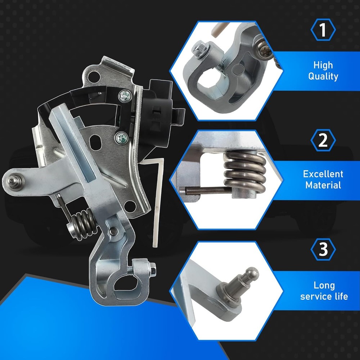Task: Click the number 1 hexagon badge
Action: (323, 30)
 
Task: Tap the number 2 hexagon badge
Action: (323, 140)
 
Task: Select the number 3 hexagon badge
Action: (323, 249)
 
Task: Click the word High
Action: (323, 65)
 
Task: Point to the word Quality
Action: (323, 76)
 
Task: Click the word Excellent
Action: (323, 174)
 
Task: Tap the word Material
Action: (323, 185)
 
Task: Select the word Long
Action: (324, 285)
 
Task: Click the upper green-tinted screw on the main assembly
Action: (125, 96)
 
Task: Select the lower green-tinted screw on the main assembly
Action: (121, 139)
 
